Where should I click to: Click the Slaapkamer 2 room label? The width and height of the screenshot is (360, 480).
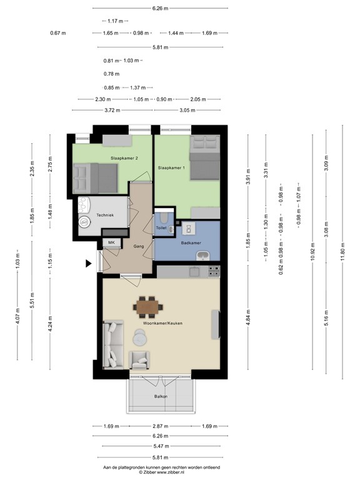(x=124, y=158)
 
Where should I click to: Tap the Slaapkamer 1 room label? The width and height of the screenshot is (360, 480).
(x=171, y=167)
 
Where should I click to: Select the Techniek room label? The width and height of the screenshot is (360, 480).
(x=105, y=215)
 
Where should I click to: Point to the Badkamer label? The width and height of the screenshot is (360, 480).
(x=191, y=242)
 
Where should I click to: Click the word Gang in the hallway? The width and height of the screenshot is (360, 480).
(x=138, y=246)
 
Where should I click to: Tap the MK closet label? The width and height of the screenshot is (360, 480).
(x=111, y=242)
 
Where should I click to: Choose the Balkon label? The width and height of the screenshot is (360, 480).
(x=161, y=396)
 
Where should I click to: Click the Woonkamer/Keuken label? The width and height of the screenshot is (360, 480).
(x=162, y=323)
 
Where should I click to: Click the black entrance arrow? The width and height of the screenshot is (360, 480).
(x=89, y=263)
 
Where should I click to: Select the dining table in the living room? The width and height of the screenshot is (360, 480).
(x=147, y=307)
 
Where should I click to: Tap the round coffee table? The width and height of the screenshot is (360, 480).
(x=139, y=337)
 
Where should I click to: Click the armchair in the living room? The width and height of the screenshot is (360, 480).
(x=139, y=360)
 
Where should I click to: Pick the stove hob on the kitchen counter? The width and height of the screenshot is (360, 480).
(x=214, y=271)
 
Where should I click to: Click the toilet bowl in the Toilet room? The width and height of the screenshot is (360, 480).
(x=164, y=217)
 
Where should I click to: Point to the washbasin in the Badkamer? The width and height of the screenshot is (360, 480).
(x=202, y=255)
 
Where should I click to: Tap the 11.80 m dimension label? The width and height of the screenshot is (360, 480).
(x=342, y=251)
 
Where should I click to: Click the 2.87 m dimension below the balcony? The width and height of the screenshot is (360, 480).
(x=161, y=426)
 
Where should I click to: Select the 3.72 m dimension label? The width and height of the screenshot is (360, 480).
(x=112, y=110)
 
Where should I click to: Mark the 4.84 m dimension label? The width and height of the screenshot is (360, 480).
(x=248, y=318)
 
